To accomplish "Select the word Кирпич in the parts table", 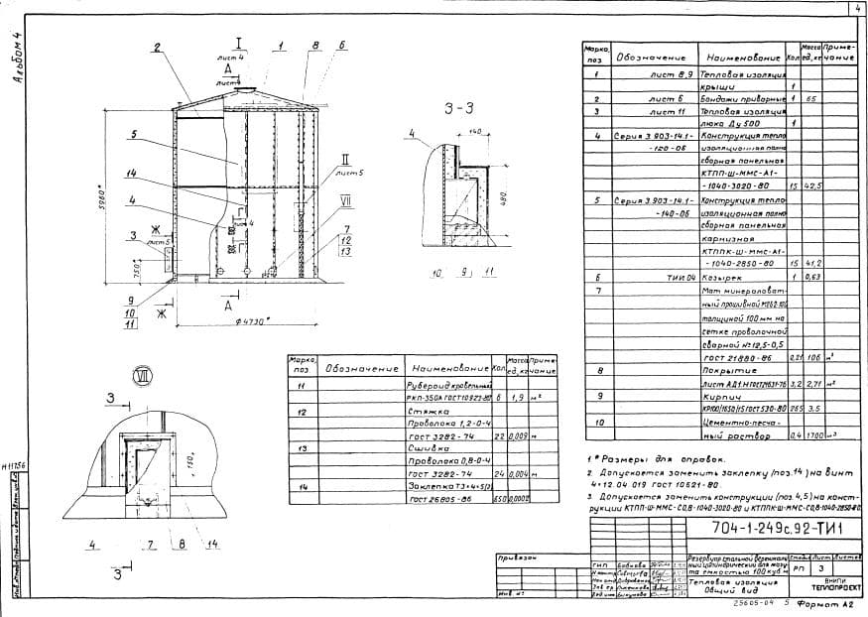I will pyautogui.click(x=717, y=408).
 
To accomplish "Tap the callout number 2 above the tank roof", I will pyautogui.click(x=157, y=48).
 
